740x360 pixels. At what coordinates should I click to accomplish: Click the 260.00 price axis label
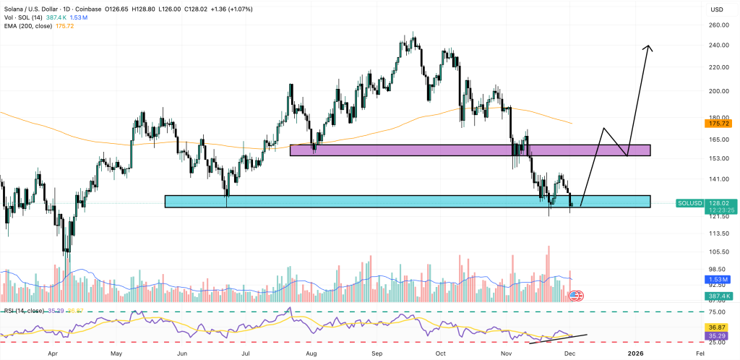(x=719, y=25)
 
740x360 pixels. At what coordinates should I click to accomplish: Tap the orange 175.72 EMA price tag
(x=719, y=124)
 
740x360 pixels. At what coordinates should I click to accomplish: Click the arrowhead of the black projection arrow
(x=649, y=48)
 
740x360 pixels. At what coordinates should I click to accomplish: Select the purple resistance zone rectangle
(x=470, y=150)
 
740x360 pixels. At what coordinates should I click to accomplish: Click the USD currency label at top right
(x=717, y=9)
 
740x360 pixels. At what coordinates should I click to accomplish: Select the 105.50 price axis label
(x=719, y=252)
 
